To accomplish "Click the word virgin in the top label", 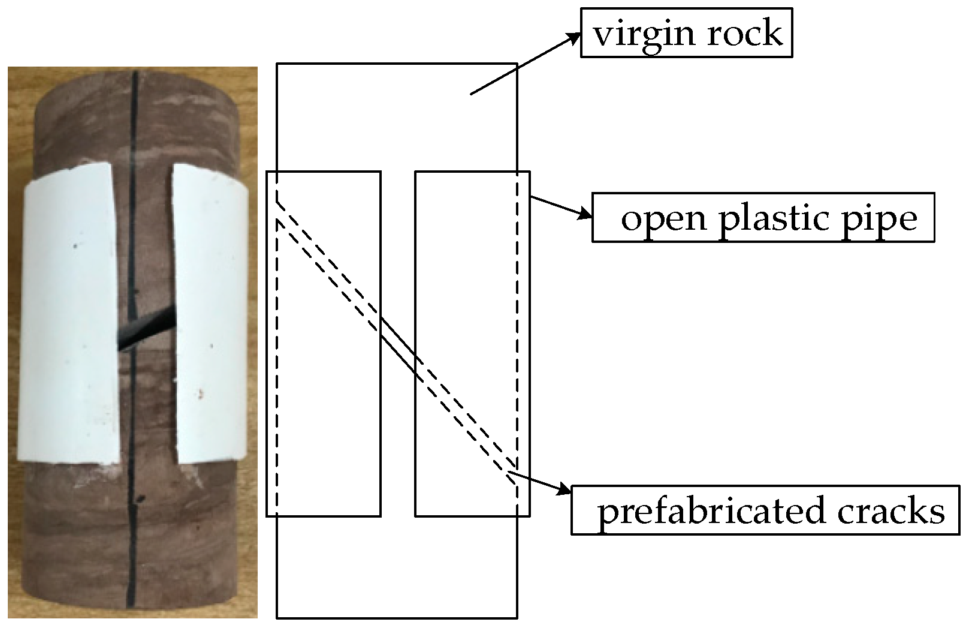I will pyautogui.click(x=645, y=34).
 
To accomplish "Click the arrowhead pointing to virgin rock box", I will pyautogui.click(x=575, y=37).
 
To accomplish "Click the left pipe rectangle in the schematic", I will pyautogui.click(x=324, y=420).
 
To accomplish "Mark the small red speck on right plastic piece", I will pyautogui.click(x=200, y=394).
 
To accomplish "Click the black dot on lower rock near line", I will pyautogui.click(x=142, y=498).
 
